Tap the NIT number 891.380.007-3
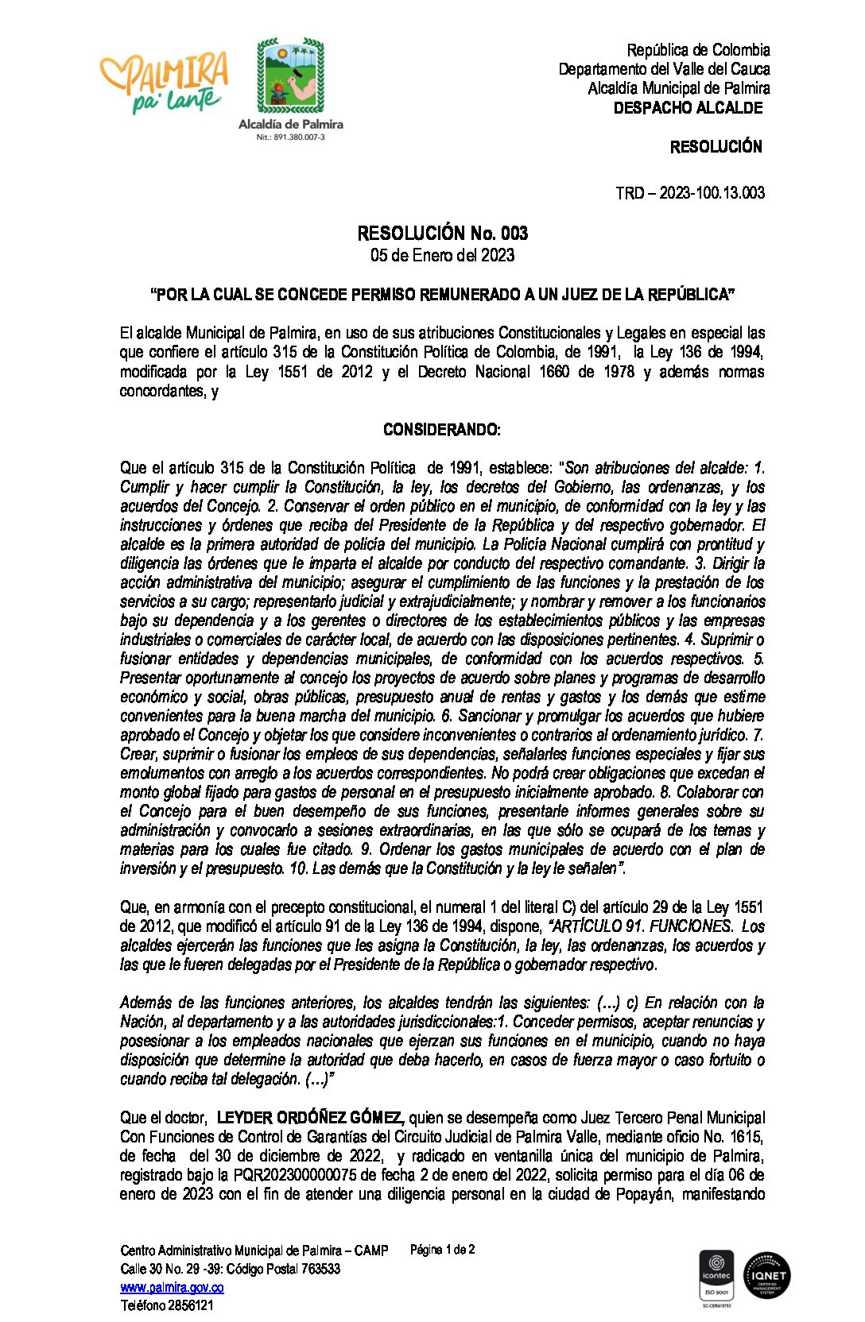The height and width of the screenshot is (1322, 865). pos(290,137)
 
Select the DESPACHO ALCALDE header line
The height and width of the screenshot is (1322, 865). pos(688,108)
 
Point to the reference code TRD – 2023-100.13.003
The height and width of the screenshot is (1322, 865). pos(689,193)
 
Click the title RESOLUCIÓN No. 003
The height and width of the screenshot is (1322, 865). pos(442,233)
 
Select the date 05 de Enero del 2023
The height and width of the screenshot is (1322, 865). pos(442,255)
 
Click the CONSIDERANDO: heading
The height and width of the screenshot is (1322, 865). pos(442,430)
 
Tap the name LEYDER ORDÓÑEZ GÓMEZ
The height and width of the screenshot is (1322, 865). pos(311,1118)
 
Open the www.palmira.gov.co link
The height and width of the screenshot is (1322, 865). pos(172,1287)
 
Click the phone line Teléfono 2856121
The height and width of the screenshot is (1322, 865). pos(167,1305)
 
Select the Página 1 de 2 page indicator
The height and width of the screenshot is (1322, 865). pos(442,1250)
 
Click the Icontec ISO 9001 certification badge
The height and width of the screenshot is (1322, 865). pos(716,1276)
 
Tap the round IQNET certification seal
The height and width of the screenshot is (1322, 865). pos(766,1275)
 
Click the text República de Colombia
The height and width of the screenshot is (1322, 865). pos(698,50)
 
